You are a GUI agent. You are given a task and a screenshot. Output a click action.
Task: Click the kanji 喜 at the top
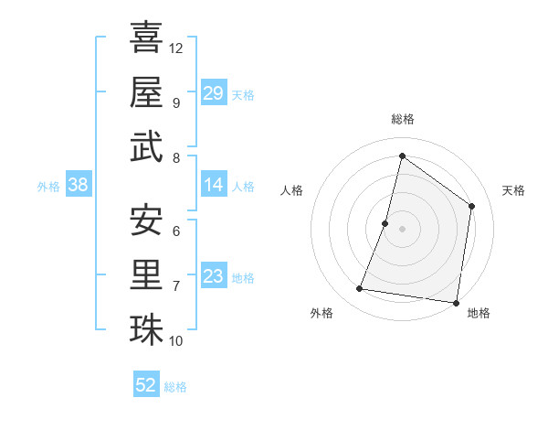click(146, 38)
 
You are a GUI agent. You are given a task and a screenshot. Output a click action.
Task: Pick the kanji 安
click(146, 220)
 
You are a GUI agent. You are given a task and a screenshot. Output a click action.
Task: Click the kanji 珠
click(146, 328)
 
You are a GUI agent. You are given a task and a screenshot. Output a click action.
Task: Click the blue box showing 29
click(213, 93)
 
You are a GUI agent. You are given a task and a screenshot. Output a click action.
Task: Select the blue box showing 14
click(213, 185)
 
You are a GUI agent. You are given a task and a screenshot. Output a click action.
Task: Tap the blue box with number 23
click(213, 276)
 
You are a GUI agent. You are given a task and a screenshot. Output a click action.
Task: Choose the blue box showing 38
click(79, 185)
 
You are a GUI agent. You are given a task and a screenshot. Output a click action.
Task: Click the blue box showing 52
click(146, 385)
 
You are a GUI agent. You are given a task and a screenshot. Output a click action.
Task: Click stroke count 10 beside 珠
click(176, 340)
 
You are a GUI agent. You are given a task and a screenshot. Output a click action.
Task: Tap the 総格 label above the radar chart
click(403, 119)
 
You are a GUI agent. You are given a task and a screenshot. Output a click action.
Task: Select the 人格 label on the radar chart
click(291, 190)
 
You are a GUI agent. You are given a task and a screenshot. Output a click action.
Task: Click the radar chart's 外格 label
click(321, 313)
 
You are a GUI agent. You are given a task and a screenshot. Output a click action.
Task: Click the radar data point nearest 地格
click(456, 302)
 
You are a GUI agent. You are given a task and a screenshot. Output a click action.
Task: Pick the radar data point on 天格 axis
click(472, 206)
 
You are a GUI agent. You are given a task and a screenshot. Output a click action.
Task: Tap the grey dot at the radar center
click(402, 229)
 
